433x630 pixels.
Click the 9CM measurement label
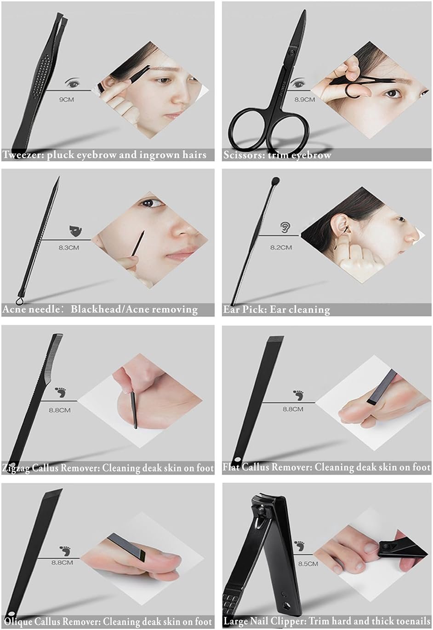(x=66, y=100)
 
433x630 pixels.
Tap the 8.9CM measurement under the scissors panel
(x=304, y=100)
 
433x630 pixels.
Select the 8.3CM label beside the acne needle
(x=69, y=248)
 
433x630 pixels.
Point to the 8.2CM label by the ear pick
(x=281, y=247)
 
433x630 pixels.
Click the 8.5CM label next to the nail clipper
(x=308, y=564)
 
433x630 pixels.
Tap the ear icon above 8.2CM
(x=285, y=227)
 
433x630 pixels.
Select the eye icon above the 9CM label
(x=73, y=83)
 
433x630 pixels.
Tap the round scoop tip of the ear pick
(x=275, y=180)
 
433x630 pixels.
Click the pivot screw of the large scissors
(x=291, y=52)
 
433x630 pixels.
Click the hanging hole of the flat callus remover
(x=238, y=459)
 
